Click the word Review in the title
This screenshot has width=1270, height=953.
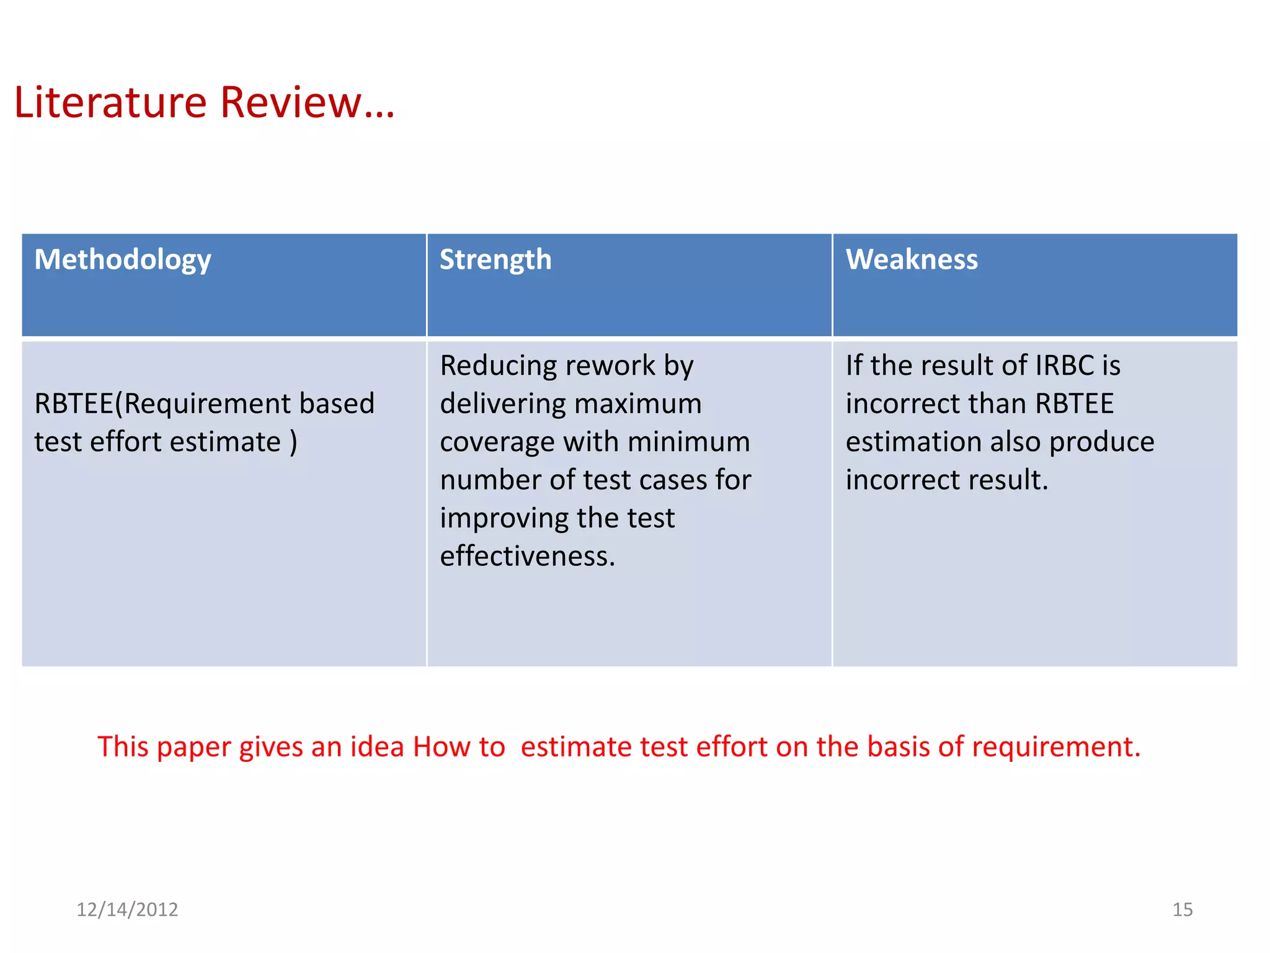tap(291, 102)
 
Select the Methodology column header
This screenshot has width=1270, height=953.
tap(123, 260)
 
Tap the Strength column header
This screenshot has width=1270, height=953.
tap(495, 260)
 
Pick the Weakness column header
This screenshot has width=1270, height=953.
tap(912, 260)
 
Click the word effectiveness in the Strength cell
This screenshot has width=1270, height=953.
tap(527, 557)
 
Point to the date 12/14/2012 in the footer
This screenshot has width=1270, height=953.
tap(127, 910)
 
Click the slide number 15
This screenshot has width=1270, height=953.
tap(1182, 910)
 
